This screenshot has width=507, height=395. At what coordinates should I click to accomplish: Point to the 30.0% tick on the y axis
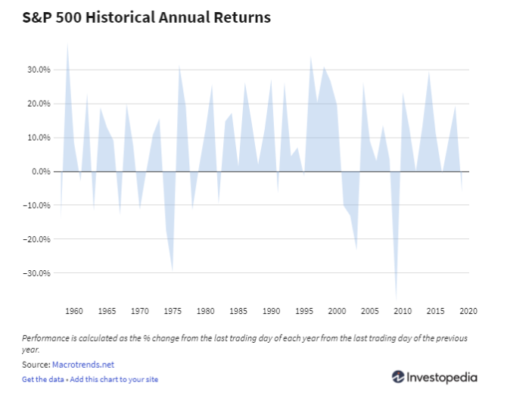click(x=39, y=70)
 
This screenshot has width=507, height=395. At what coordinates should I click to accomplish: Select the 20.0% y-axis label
click(x=39, y=104)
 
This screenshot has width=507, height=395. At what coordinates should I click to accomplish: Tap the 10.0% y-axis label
click(x=39, y=138)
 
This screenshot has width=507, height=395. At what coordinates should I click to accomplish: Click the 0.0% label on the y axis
click(x=40, y=172)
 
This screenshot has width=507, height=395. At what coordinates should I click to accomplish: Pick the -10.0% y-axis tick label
click(x=37, y=205)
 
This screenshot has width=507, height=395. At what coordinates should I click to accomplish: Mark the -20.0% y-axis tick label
click(x=37, y=239)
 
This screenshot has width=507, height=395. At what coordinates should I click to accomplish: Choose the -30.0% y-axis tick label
click(x=37, y=273)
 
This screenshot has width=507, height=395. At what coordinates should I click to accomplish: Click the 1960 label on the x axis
click(x=74, y=310)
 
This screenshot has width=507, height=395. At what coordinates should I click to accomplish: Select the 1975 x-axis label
click(x=173, y=310)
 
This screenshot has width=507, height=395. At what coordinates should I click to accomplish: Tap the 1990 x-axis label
click(x=271, y=310)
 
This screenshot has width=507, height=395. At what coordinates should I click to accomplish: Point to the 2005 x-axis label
click(x=369, y=310)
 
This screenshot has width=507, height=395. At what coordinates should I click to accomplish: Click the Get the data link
click(x=42, y=379)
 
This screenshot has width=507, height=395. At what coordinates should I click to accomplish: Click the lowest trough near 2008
click(x=396, y=297)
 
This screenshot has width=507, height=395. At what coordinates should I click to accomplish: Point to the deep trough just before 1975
click(x=173, y=270)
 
